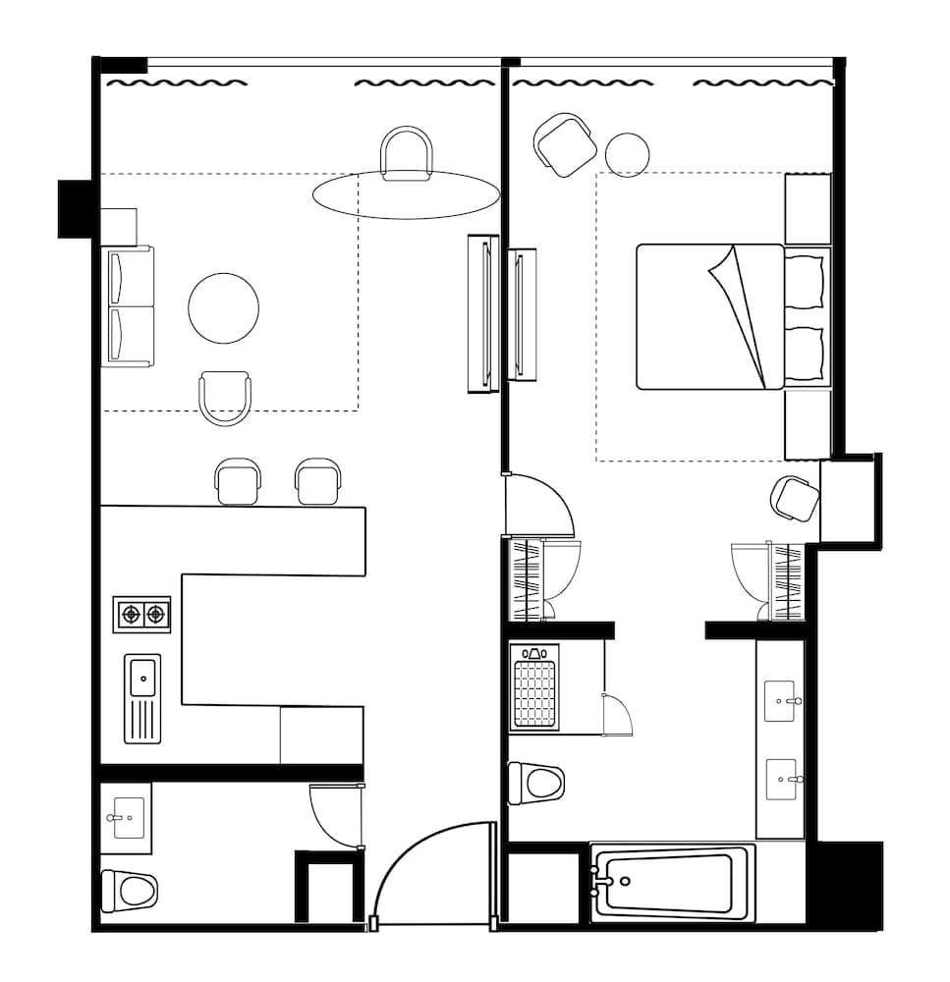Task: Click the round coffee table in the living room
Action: pyautogui.click(x=224, y=308)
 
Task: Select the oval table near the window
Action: pyautogui.click(x=406, y=194)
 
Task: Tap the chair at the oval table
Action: pyautogui.click(x=407, y=153)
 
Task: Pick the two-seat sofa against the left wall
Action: pyautogui.click(x=130, y=306)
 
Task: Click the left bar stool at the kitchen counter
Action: pyautogui.click(x=239, y=481)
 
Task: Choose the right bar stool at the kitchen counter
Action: pyautogui.click(x=319, y=481)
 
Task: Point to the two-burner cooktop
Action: pyautogui.click(x=142, y=615)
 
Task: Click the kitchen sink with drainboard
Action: pyautogui.click(x=143, y=698)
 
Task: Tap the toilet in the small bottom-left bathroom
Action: pyautogui.click(x=130, y=891)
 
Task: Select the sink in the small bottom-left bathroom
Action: pyautogui.click(x=126, y=817)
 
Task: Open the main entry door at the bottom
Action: pyautogui.click(x=432, y=874)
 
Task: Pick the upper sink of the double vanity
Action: pyautogui.click(x=783, y=701)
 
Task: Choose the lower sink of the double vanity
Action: pyautogui.click(x=783, y=780)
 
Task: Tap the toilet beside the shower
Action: pyautogui.click(x=536, y=784)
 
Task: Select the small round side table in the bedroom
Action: pyautogui.click(x=627, y=154)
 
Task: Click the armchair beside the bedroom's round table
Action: pyautogui.click(x=566, y=145)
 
